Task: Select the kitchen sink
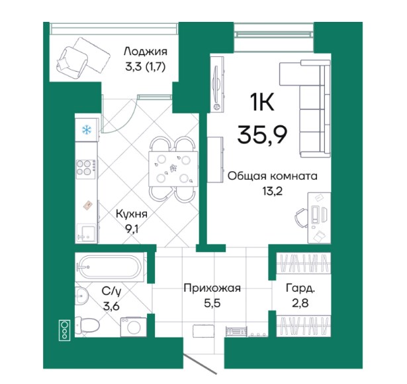click(86, 233)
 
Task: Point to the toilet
click(87, 325)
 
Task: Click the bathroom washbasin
click(81, 296)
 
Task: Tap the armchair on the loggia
click(72, 62)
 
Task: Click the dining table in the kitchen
click(173, 169)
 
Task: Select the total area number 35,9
click(262, 135)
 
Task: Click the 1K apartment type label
click(262, 102)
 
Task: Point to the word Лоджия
click(146, 52)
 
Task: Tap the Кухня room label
click(132, 214)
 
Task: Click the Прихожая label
click(212, 288)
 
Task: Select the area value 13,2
click(272, 192)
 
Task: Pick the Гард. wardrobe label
click(300, 288)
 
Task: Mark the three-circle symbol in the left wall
click(64, 330)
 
